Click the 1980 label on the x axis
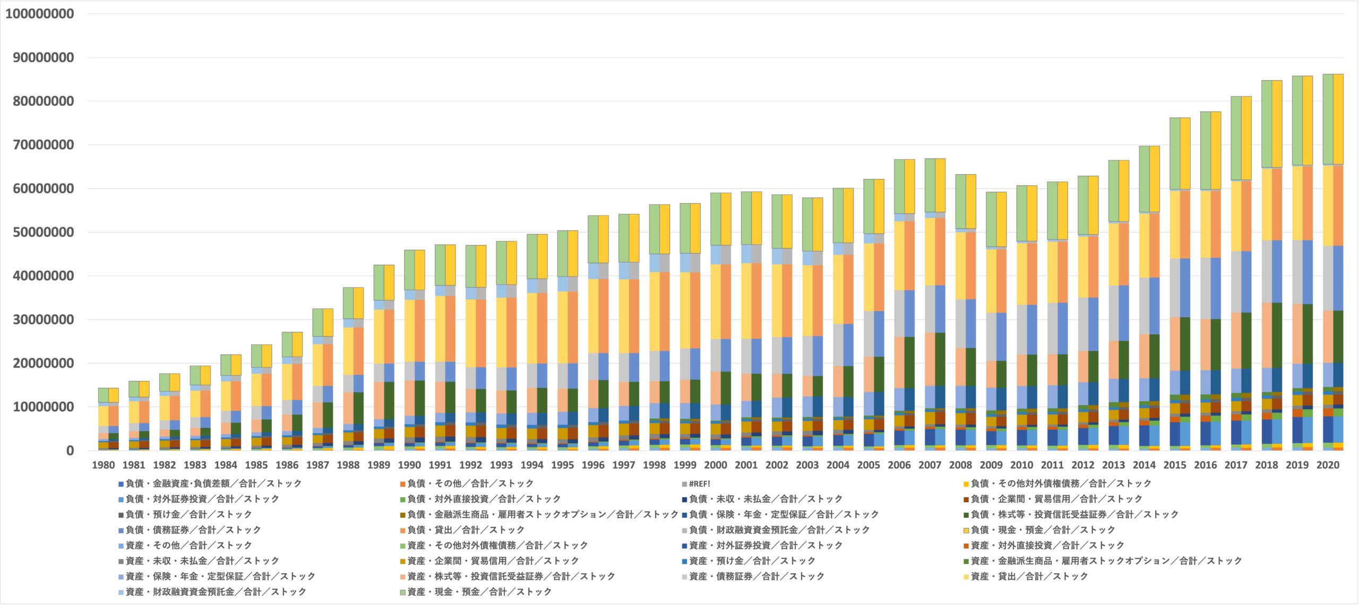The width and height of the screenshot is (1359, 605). pos(103,465)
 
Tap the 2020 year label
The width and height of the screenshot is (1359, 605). pos(1328,465)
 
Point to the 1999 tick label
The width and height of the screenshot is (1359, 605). pos(685,465)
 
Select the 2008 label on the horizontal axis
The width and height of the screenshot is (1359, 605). pos(960,465)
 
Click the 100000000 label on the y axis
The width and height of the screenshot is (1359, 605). pos(40,14)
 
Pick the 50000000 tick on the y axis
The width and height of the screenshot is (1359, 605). pos(44,232)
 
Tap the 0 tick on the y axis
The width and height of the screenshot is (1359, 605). pos(70,451)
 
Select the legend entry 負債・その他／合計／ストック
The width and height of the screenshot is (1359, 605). pos(470,484)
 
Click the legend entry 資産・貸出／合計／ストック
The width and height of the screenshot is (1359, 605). pos(1029,576)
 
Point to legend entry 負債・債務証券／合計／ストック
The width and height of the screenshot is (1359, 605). pos(193,530)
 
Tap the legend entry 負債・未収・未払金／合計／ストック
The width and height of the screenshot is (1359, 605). pos(765,499)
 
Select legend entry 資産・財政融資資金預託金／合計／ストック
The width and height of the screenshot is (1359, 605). pos(216,592)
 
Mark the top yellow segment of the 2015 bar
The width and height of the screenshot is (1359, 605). pos(1185,154)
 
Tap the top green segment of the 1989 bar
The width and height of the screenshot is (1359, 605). pos(379,283)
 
